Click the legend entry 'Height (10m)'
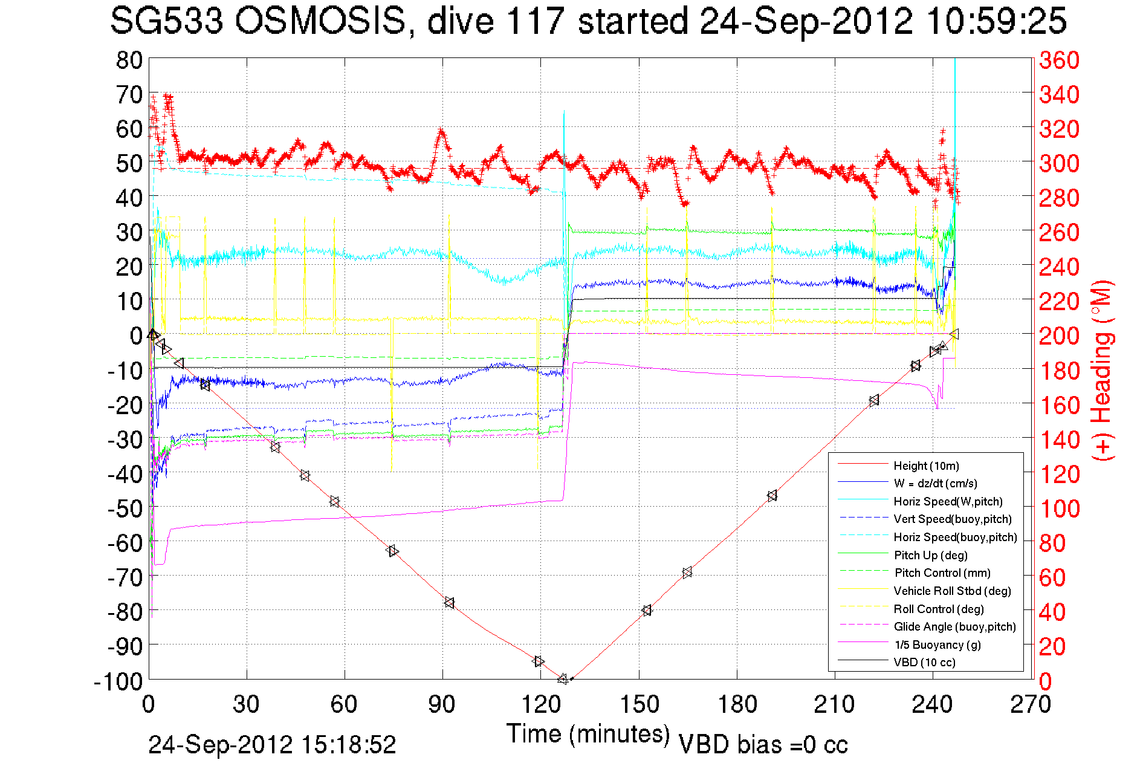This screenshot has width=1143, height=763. [926, 466]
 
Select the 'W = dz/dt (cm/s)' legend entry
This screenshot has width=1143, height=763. [935, 483]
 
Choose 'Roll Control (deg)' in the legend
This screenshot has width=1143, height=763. [938, 609]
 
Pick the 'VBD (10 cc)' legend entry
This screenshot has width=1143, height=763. [924, 662]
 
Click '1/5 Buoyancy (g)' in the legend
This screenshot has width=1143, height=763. [937, 644]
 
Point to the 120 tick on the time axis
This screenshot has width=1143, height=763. [541, 704]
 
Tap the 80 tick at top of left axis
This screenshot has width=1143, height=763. [129, 60]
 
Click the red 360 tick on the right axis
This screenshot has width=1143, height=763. [1059, 60]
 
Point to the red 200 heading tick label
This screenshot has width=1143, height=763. [1059, 336]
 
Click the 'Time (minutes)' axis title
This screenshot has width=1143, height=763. [588, 734]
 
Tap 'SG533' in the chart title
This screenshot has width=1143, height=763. [166, 22]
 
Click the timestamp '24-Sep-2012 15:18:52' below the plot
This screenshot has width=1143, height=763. [272, 745]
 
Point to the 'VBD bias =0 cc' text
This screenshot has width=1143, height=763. [763, 745]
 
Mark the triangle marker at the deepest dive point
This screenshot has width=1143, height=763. [563, 679]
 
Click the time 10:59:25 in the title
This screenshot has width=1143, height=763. [996, 22]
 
